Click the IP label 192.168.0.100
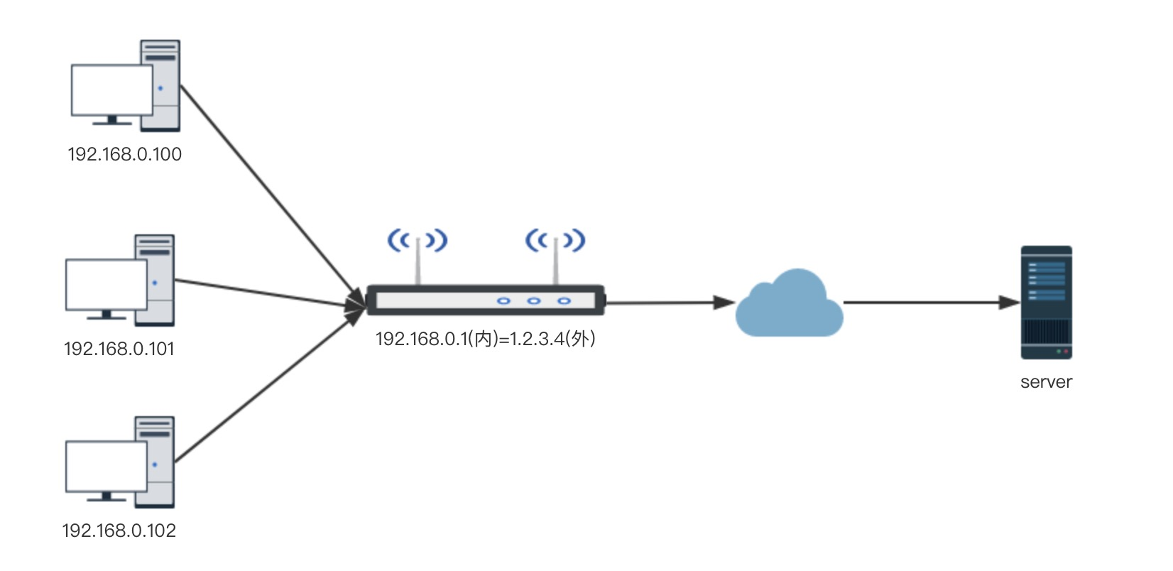[124, 154]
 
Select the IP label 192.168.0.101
[119, 349]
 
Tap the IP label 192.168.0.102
[119, 531]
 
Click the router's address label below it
[485, 339]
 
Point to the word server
[1046, 382]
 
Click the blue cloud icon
[790, 305]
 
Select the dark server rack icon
[1046, 303]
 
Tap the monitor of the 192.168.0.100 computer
[111, 89]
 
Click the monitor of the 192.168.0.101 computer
[106, 284]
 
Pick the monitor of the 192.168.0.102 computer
[106, 466]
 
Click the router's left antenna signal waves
[418, 241]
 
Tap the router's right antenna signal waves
[555, 241]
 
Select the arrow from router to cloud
[667, 303]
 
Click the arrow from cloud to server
[930, 303]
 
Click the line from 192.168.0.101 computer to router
[270, 294]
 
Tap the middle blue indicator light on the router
[534, 301]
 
